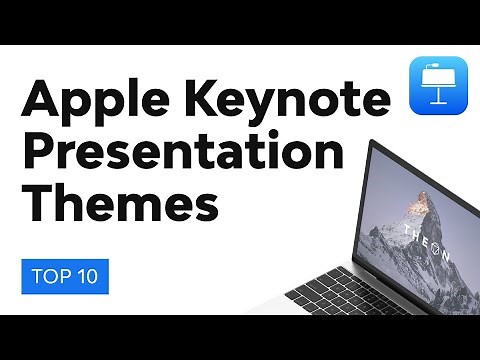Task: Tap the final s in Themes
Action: click(206, 209)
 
